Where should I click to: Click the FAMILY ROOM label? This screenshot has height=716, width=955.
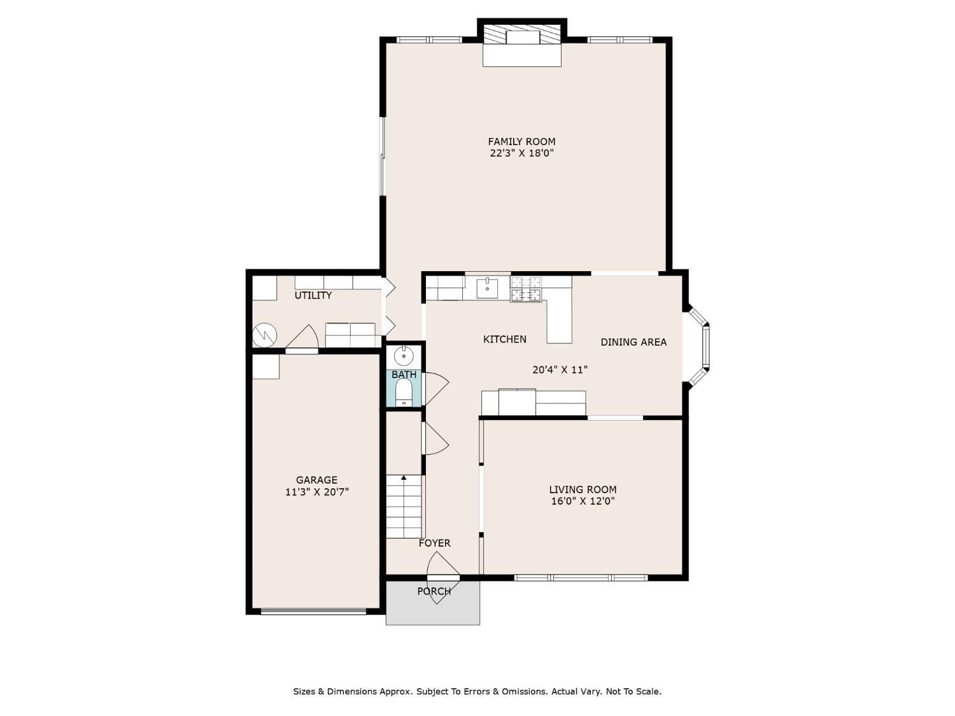tap(521, 141)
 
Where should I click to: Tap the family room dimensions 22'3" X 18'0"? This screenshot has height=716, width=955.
tap(521, 153)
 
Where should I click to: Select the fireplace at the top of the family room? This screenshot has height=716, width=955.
tap(521, 43)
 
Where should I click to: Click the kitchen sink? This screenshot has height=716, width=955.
tap(487, 288)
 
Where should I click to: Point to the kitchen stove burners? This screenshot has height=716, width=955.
tap(526, 289)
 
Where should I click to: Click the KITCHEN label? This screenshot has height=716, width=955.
tap(505, 339)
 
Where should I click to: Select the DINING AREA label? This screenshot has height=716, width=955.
tap(633, 342)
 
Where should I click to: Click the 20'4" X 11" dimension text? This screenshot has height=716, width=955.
tap(560, 370)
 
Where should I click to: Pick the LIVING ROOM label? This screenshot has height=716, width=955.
tap(583, 489)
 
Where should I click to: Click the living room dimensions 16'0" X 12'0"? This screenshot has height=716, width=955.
tap(583, 501)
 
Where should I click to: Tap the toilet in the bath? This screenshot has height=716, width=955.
tap(403, 393)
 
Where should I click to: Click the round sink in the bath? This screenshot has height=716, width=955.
tap(404, 356)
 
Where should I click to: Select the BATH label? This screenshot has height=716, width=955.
tap(404, 374)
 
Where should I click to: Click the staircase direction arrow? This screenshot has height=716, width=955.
tap(404, 478)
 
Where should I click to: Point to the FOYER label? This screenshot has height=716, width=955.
tap(435, 543)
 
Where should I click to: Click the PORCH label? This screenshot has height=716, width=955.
tap(434, 591)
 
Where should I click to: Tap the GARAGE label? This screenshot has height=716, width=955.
tap(316, 480)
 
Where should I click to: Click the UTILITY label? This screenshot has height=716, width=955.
tap(313, 295)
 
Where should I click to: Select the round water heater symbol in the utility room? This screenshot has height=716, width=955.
tap(264, 335)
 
